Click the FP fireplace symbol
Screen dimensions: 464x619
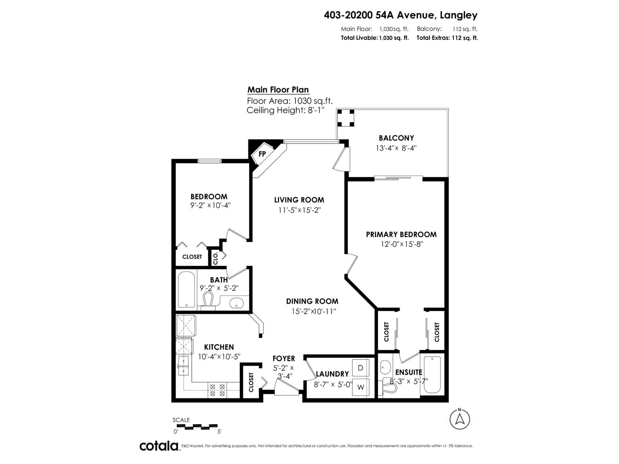pyautogui.click(x=262, y=154)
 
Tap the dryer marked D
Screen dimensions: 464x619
pyautogui.click(x=360, y=368)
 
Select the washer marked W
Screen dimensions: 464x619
pyautogui.click(x=360, y=387)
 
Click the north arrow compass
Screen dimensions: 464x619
pyautogui.click(x=460, y=419)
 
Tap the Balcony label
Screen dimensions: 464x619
pyautogui.click(x=396, y=138)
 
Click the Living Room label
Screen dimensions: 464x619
pyautogui.click(x=299, y=200)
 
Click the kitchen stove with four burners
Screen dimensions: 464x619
pyautogui.click(x=217, y=390)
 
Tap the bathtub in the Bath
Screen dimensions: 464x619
pyautogui.click(x=187, y=290)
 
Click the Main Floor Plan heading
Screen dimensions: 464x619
pyautogui.click(x=278, y=90)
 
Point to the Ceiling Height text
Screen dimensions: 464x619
pyautogui.click(x=285, y=110)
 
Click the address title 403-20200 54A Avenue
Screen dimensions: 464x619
pyautogui.click(x=400, y=15)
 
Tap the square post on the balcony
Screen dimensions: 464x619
pyautogui.click(x=345, y=118)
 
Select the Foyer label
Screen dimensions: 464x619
pyautogui.click(x=284, y=358)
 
